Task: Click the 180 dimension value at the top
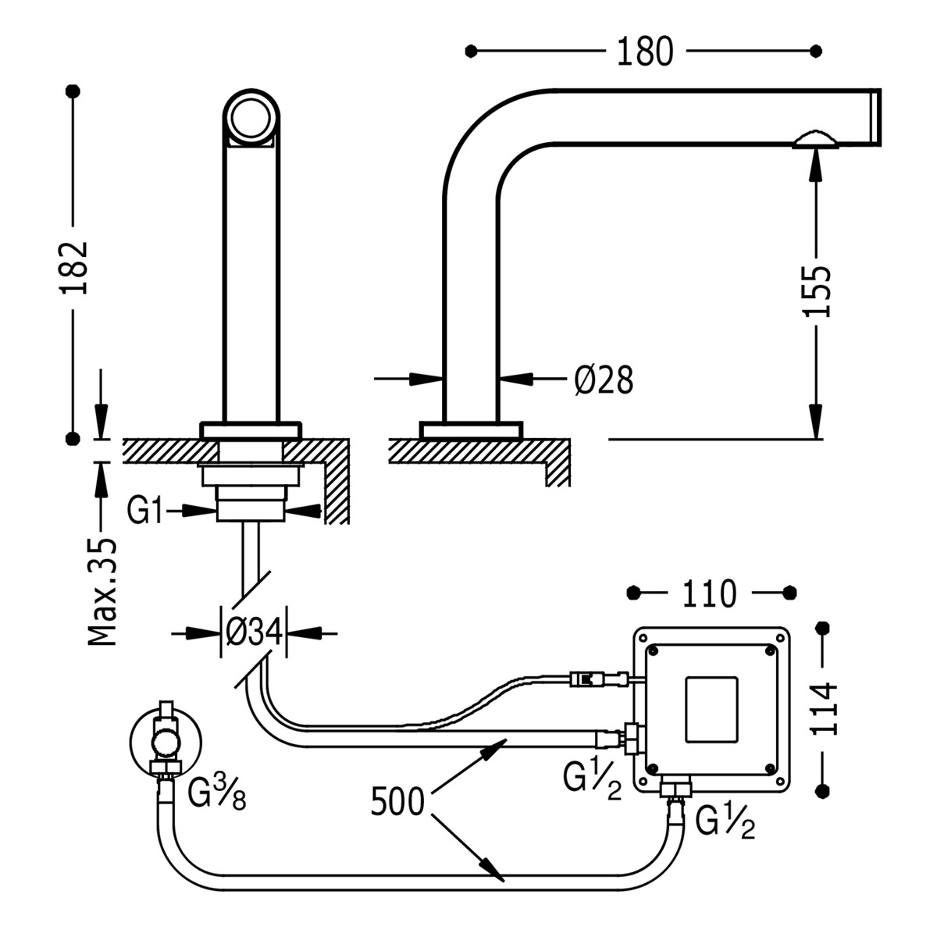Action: [x=644, y=52]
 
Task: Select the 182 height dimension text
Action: [x=75, y=267]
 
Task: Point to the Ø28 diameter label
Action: [x=604, y=380]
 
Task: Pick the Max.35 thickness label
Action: [x=102, y=591]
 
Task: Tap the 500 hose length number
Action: [x=397, y=803]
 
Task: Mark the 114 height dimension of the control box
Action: [x=822, y=708]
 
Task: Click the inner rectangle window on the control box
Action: [x=711, y=709]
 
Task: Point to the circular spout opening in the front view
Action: [x=251, y=117]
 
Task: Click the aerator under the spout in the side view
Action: [x=814, y=141]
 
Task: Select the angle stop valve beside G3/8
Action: [x=166, y=738]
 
